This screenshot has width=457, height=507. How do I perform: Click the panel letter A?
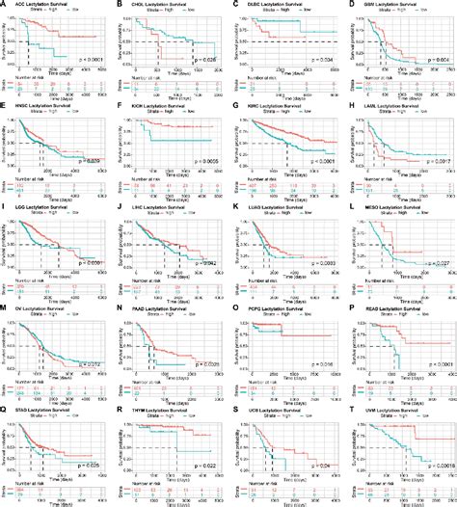coord(4,5)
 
